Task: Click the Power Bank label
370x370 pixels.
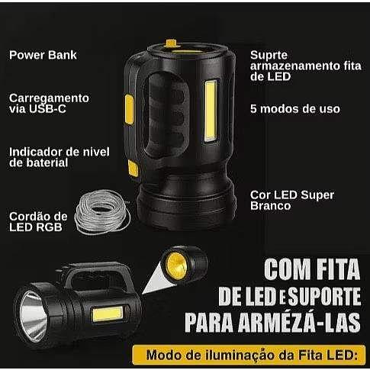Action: click(43, 55)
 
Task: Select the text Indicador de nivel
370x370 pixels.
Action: click(60, 152)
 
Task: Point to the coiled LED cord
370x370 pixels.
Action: click(102, 212)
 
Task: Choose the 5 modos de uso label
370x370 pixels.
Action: click(295, 109)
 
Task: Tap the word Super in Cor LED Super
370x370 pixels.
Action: click(317, 195)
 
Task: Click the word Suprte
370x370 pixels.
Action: click(269, 56)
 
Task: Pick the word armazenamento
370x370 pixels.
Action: click(295, 66)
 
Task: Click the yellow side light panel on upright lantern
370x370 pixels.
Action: click(211, 111)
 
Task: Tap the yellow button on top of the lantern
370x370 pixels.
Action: click(172, 43)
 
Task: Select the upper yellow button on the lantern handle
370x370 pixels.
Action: click(129, 109)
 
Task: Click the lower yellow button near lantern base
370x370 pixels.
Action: click(133, 169)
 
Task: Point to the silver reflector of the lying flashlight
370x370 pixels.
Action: click(34, 316)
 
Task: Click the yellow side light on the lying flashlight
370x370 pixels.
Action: click(108, 314)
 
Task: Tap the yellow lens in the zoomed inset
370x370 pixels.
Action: click(177, 266)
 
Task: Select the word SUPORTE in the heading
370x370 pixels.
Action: click(324, 296)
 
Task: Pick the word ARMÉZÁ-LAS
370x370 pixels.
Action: click(299, 322)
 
